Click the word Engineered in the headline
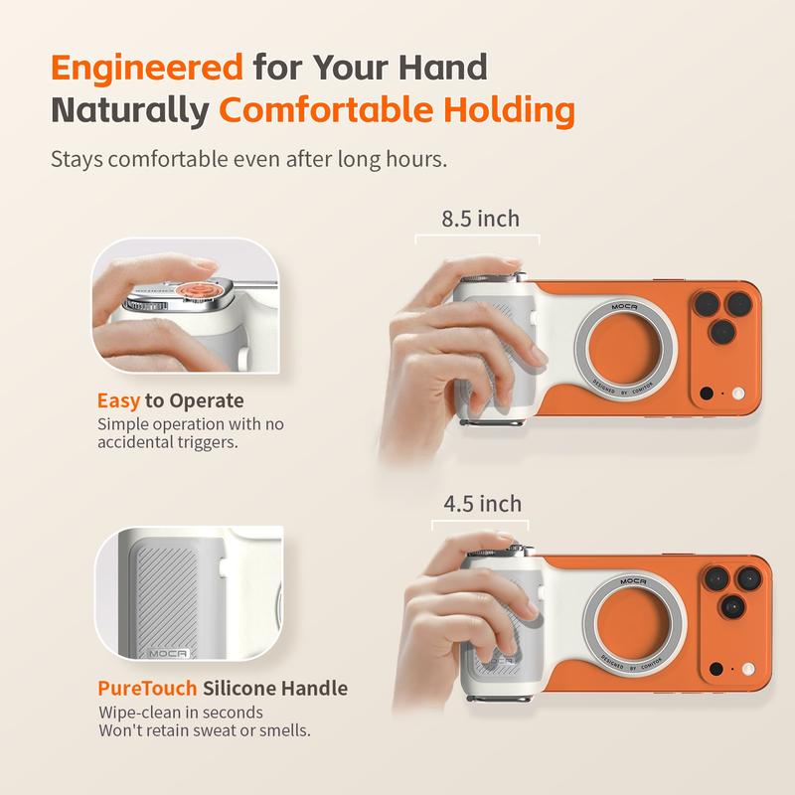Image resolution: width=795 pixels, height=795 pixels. coord(147,68)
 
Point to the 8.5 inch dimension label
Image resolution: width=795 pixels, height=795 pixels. coord(481,219)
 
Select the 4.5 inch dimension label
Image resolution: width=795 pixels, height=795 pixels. coord(482,505)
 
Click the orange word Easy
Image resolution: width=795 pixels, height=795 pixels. coord(118,401)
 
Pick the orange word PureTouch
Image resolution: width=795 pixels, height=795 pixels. coord(146,688)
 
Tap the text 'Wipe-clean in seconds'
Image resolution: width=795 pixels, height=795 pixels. coord(182,713)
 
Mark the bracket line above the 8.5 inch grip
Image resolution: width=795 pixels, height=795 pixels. coord(477,237)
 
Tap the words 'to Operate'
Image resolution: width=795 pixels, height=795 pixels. coord(194,401)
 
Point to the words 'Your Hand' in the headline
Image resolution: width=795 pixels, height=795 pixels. coord(401,68)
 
